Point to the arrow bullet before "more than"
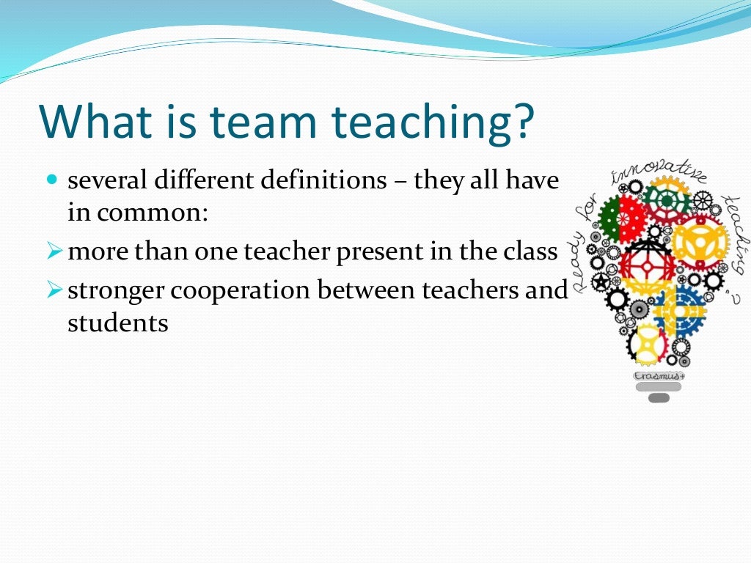coord(53,252)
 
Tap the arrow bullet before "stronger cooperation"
coord(53,291)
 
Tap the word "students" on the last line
coord(117,323)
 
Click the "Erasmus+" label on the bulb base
coord(659,375)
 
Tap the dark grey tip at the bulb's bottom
coord(659,398)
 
